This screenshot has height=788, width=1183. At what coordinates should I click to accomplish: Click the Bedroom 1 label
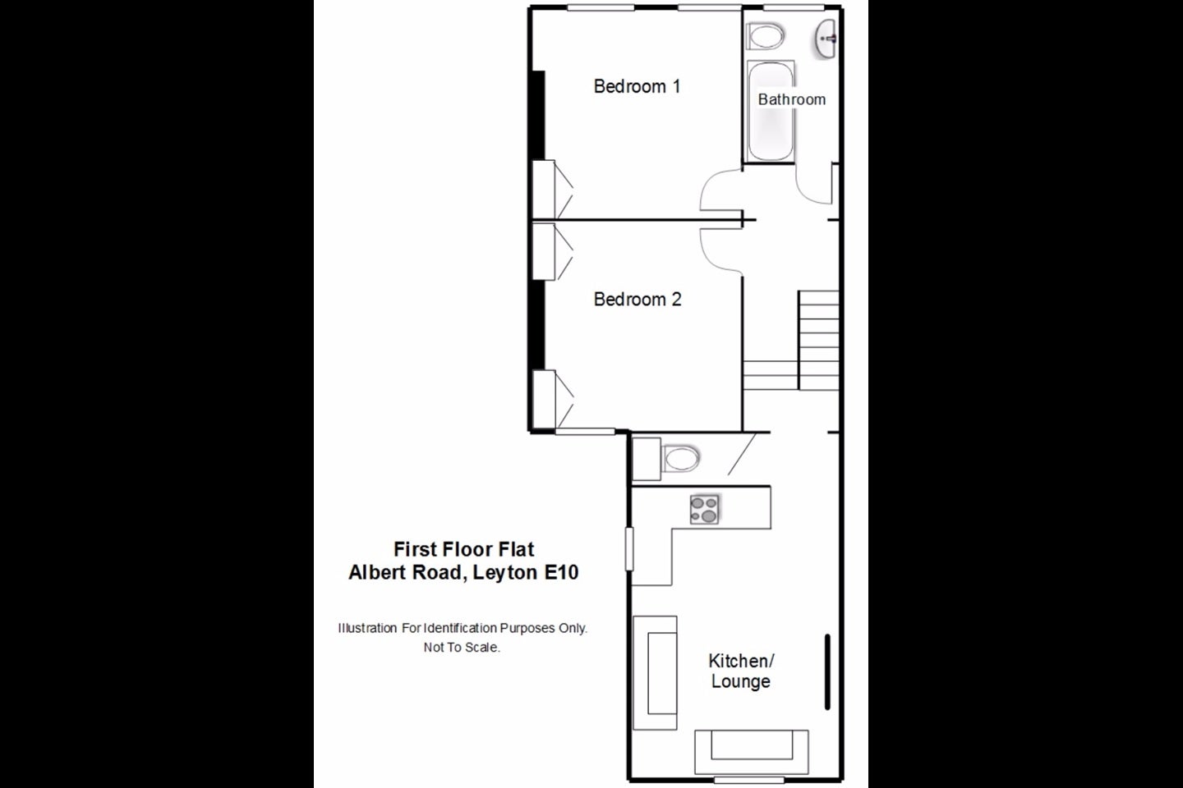(637, 86)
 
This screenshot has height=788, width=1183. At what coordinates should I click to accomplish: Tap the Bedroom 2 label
(638, 300)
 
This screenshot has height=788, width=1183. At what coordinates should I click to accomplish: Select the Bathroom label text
(792, 99)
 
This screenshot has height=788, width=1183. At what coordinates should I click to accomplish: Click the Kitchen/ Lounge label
(740, 671)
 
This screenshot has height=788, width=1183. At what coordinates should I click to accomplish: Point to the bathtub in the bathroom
(771, 111)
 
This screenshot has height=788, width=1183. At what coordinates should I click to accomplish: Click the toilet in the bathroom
(766, 36)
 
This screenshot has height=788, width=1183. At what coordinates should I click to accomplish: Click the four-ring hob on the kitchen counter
(705, 509)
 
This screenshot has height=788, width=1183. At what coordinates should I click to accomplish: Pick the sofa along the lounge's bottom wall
(751, 752)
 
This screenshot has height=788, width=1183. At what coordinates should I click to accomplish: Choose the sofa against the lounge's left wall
(655, 673)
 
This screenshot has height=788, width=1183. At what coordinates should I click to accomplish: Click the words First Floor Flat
(463, 549)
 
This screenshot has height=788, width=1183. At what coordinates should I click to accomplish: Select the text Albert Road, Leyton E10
(463, 573)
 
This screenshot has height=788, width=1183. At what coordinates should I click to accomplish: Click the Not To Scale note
(462, 647)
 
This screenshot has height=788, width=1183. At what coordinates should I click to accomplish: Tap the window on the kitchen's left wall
(629, 549)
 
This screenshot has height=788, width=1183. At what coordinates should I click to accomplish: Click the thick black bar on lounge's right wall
(827, 672)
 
